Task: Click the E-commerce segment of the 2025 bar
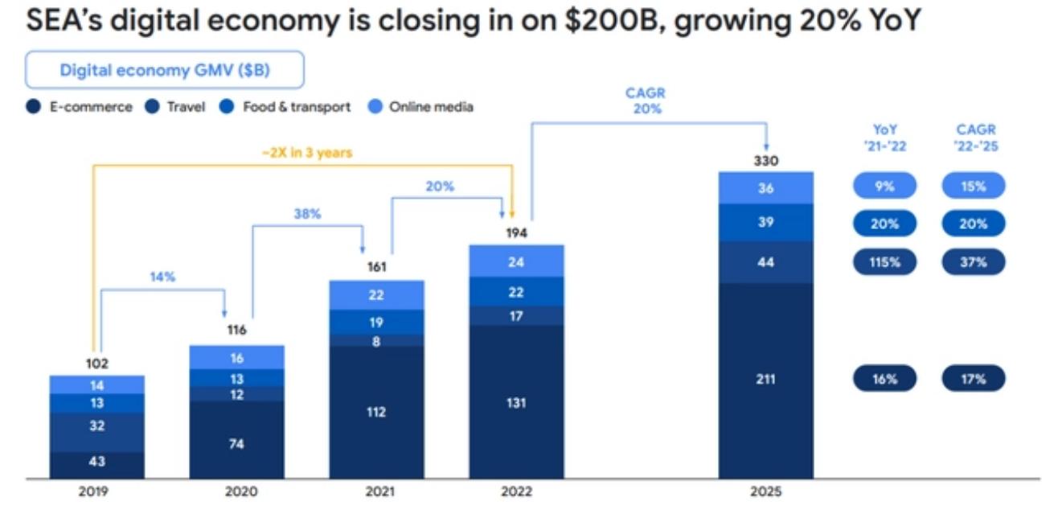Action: pyautogui.click(x=765, y=380)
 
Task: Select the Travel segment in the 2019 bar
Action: pyautogui.click(x=96, y=426)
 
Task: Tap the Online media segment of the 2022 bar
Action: pyautogui.click(x=516, y=261)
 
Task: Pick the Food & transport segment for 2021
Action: pyautogui.click(x=376, y=322)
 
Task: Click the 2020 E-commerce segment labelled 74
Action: pyautogui.click(x=236, y=443)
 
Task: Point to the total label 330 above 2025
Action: pyautogui.click(x=765, y=161)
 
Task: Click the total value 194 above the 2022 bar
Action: pyautogui.click(x=516, y=234)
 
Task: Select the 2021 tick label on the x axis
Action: pyautogui.click(x=376, y=491)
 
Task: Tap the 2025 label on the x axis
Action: pyautogui.click(x=765, y=491)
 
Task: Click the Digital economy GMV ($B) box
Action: pyautogui.click(x=165, y=70)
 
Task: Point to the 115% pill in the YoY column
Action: pyautogui.click(x=884, y=261)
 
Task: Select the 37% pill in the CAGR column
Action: pyautogui.click(x=973, y=261)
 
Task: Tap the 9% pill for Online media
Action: pyautogui.click(x=884, y=186)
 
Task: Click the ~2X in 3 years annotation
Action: pyautogui.click(x=307, y=153)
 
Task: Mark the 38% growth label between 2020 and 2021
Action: pyautogui.click(x=307, y=215)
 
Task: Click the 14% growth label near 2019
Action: pyautogui.click(x=162, y=277)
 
